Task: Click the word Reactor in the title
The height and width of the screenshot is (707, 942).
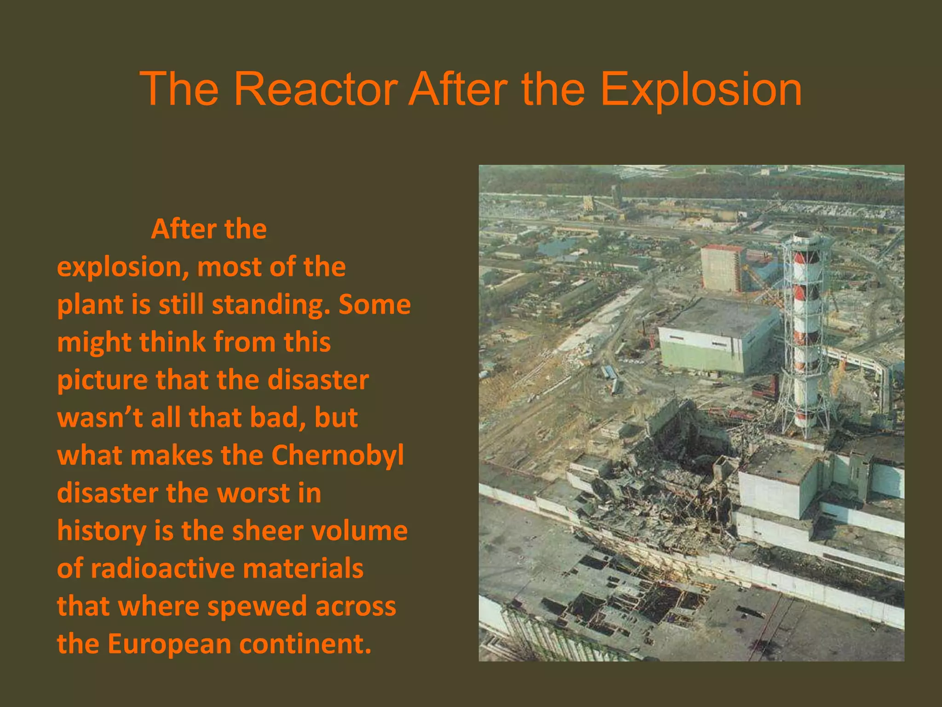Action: (316, 89)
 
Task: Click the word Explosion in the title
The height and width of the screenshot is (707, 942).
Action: (701, 89)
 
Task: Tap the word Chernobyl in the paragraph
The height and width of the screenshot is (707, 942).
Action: (338, 455)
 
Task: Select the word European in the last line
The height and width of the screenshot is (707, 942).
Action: (169, 643)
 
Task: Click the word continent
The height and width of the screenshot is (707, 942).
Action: (305, 643)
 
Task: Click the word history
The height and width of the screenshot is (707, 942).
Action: (102, 531)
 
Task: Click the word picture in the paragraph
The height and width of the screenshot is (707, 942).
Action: (102, 380)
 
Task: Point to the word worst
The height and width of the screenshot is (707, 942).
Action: (253, 493)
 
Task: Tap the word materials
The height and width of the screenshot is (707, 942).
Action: (303, 568)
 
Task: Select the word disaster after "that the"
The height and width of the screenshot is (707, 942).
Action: (318, 380)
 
